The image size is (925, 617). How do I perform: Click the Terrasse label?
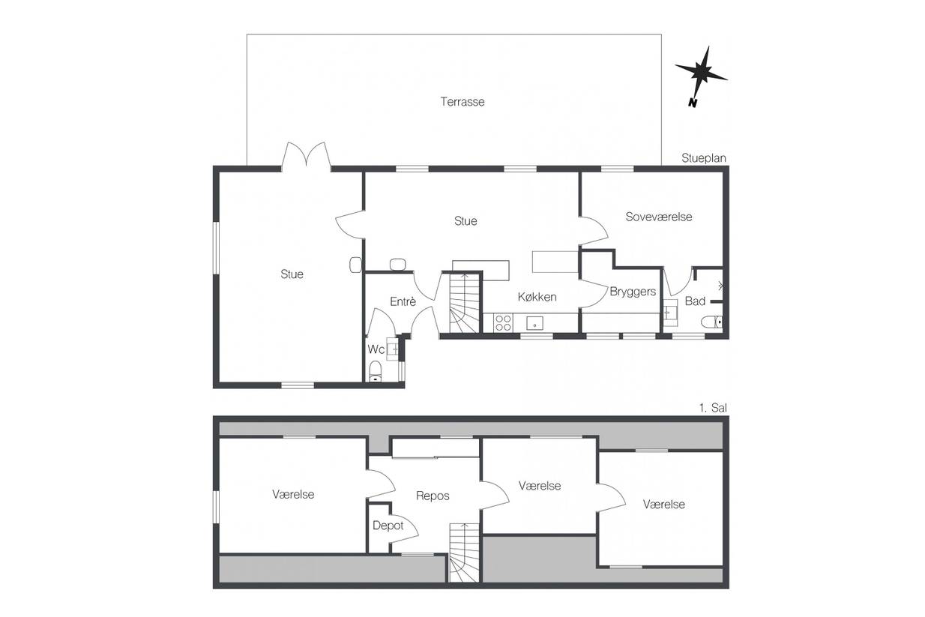462,102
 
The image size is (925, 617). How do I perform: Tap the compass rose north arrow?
701,76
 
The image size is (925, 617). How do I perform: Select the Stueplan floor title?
704,158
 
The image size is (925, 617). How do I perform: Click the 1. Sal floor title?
713,408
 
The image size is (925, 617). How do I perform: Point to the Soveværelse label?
659,217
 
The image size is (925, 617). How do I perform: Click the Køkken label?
537,297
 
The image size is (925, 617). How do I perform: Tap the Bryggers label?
633,292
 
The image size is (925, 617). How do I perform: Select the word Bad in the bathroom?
695,301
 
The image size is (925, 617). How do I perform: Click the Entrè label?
403,301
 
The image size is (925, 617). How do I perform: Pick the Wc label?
376,349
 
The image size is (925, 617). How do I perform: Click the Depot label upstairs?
388,526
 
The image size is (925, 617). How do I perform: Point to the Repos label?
433,496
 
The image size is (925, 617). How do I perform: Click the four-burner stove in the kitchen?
504,323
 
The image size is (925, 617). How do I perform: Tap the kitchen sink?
534,323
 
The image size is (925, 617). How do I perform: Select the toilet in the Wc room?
376,371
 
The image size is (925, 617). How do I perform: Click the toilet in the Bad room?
712,322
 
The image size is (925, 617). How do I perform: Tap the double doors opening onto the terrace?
306,156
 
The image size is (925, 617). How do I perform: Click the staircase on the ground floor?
464,303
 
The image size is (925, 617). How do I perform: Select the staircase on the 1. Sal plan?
464,553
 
